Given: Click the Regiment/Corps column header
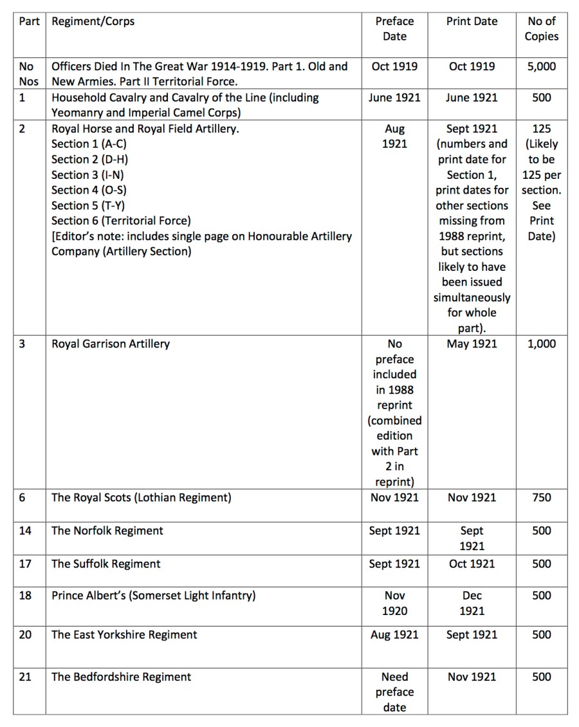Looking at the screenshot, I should point(93,21).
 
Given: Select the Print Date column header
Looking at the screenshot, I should point(472,21).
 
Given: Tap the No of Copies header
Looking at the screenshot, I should point(541,29).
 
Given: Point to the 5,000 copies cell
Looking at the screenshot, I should point(541,66).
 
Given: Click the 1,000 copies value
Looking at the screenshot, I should point(541,344).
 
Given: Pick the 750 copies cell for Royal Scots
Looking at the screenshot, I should point(541,497).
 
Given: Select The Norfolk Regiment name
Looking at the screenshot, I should point(107,531).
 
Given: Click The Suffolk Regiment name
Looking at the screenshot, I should point(106,564).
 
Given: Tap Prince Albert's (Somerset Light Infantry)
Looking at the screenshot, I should point(153,596).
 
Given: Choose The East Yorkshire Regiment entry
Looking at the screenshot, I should point(124,635).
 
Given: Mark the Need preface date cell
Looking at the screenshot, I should point(394,692).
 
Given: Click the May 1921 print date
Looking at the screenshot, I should point(472,344).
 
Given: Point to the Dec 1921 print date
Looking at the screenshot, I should point(472,603).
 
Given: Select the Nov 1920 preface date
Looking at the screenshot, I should point(394,603).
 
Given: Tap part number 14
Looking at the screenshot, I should point(25,531).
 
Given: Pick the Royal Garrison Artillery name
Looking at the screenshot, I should point(111,344).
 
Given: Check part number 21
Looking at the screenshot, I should point(25,677).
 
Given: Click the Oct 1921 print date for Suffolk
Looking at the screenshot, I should point(472,564).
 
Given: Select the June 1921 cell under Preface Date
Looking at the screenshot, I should point(394,98).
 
